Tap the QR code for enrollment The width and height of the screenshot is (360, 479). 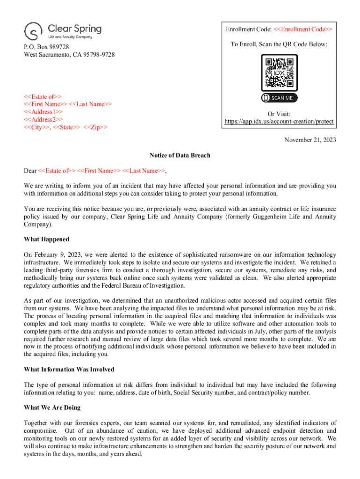click(x=279, y=73)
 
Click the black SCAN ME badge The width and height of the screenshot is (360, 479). click(x=279, y=98)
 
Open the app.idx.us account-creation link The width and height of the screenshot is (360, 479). click(x=279, y=122)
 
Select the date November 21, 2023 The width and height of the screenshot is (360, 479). click(x=310, y=140)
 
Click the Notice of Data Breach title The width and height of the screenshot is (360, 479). click(x=180, y=155)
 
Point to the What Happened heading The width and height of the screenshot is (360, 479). click(x=46, y=239)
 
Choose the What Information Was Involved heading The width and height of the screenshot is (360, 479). click(x=69, y=370)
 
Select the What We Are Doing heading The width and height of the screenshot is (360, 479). click(x=52, y=407)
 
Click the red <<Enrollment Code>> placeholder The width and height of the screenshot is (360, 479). click(x=300, y=29)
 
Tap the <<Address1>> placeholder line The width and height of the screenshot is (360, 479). click(x=43, y=112)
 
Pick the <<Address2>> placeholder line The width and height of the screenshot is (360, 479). click(x=43, y=119)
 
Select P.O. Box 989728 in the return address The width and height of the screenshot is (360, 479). click(x=47, y=47)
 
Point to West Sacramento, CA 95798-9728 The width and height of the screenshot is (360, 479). click(x=69, y=55)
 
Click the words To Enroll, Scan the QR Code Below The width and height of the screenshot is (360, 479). click(x=279, y=44)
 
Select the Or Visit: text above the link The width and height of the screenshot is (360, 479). click(x=279, y=114)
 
